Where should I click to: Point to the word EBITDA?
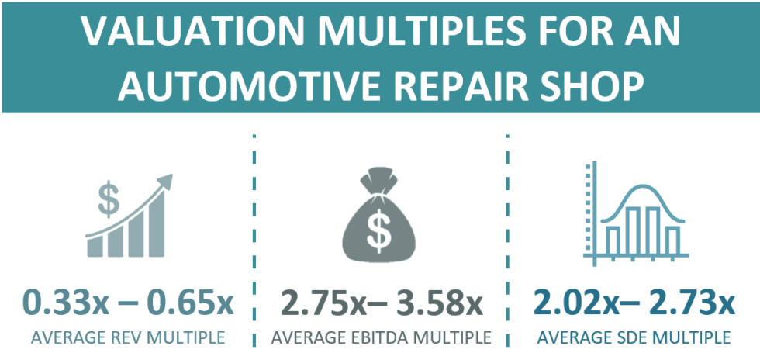coord(382,338)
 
